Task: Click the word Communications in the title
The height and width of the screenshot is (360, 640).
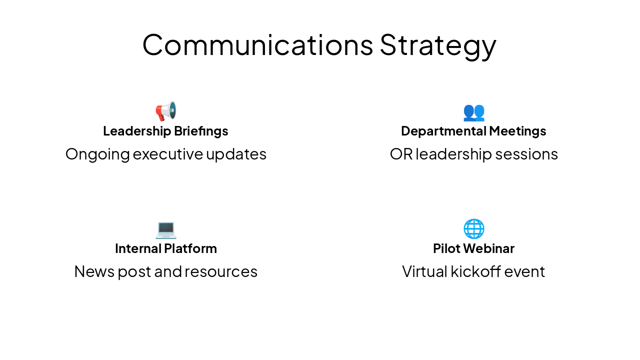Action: coord(257,44)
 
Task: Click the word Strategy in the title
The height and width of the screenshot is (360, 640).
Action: coord(438,45)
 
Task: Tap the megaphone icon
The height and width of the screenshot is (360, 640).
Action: coord(166,111)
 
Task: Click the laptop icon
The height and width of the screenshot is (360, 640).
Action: coord(166,229)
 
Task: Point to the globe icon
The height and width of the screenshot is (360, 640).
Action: coord(473,229)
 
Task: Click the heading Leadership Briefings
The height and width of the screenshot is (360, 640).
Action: coord(165,131)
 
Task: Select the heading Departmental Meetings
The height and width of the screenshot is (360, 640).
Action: coord(473,131)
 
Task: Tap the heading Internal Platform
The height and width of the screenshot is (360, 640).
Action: coord(165,248)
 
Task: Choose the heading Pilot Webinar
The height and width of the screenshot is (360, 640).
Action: coord(473,248)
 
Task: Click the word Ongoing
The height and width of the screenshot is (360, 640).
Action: coord(97,154)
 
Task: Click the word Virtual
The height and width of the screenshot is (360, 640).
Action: coord(424,271)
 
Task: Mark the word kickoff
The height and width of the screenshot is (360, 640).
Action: coord(475,271)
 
